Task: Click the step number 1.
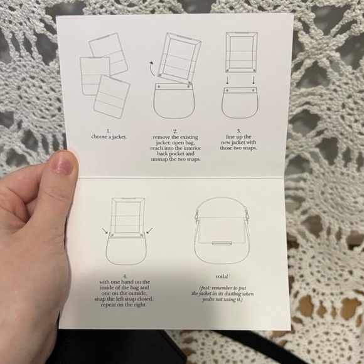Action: (x=108, y=130)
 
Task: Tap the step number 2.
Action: (x=174, y=130)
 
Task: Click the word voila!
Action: (x=217, y=276)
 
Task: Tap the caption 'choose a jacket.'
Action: (x=108, y=136)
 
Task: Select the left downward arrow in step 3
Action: (x=227, y=81)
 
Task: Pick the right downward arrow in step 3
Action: (x=254, y=81)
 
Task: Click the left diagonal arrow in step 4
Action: (x=105, y=232)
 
